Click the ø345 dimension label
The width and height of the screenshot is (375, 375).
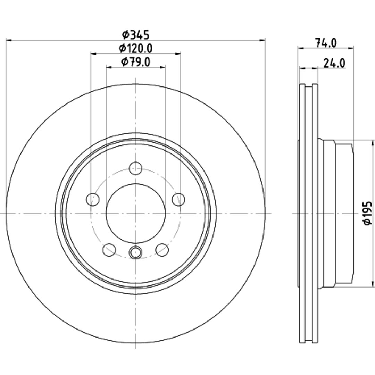[x=136, y=35]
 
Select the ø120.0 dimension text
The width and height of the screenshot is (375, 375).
[x=136, y=49]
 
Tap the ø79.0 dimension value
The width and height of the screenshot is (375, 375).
[x=136, y=62]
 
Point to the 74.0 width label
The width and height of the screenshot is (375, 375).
[x=326, y=43]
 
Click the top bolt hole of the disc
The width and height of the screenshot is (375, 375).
[x=136, y=168]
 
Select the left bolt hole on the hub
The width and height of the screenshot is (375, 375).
[x=93, y=199]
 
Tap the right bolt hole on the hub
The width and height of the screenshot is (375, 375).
[x=179, y=199]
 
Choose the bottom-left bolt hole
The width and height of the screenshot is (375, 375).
[x=109, y=250]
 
